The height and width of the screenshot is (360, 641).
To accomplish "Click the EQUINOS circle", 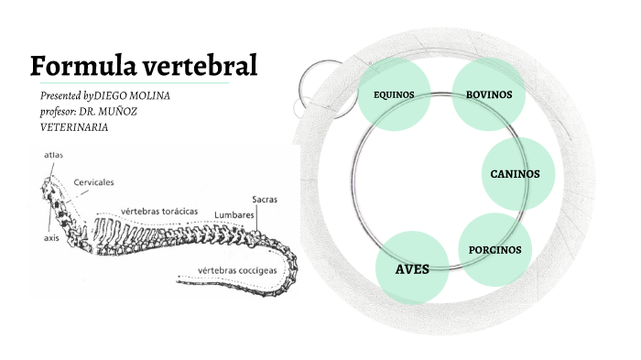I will point(394,94).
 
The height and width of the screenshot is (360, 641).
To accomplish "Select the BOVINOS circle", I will point(488,94).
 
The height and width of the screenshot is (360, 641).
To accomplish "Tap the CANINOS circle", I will point(516,173).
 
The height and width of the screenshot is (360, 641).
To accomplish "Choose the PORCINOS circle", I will point(494,249).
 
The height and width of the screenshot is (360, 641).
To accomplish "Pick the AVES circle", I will point(411,269).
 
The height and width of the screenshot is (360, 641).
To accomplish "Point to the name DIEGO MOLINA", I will point(133,96).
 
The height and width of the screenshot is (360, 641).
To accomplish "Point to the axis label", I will point(52,235).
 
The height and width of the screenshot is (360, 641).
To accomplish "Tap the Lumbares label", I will point(234,216).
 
